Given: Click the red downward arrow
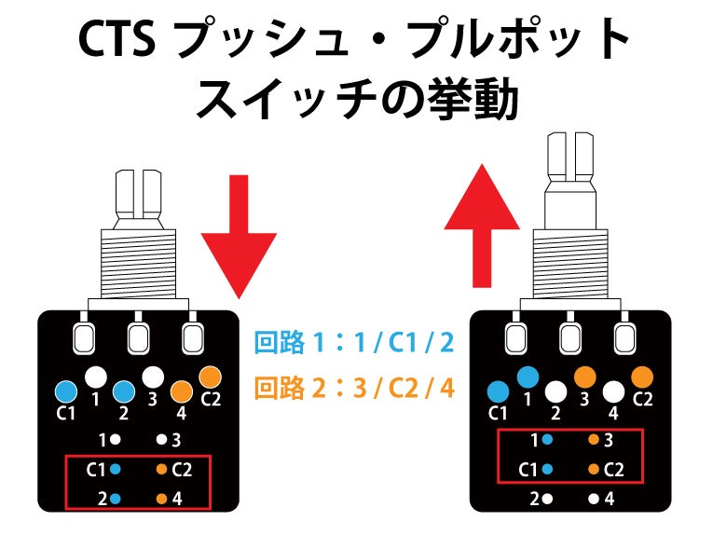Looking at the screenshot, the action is tap(239, 237).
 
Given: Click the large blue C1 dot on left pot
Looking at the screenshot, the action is tap(66, 391).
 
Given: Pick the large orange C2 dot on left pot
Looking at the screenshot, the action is tap(210, 377).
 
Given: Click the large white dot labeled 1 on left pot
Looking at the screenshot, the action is tap(96, 377).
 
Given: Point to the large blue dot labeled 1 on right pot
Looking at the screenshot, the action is tap(528, 377).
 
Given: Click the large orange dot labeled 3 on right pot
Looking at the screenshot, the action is tap(585, 377).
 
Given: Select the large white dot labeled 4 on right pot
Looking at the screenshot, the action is tap(613, 391).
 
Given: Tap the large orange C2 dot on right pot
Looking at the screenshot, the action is tap(642, 377).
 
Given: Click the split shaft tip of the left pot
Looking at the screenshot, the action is tap(139, 193).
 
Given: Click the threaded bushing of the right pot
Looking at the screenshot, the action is tap(570, 264).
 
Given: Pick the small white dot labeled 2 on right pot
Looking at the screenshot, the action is tap(547, 499).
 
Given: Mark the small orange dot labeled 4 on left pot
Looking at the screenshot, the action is tap(161, 499).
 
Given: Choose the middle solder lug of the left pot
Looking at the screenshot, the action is tap(138, 337).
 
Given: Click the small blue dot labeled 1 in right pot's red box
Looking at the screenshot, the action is tap(547, 440).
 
